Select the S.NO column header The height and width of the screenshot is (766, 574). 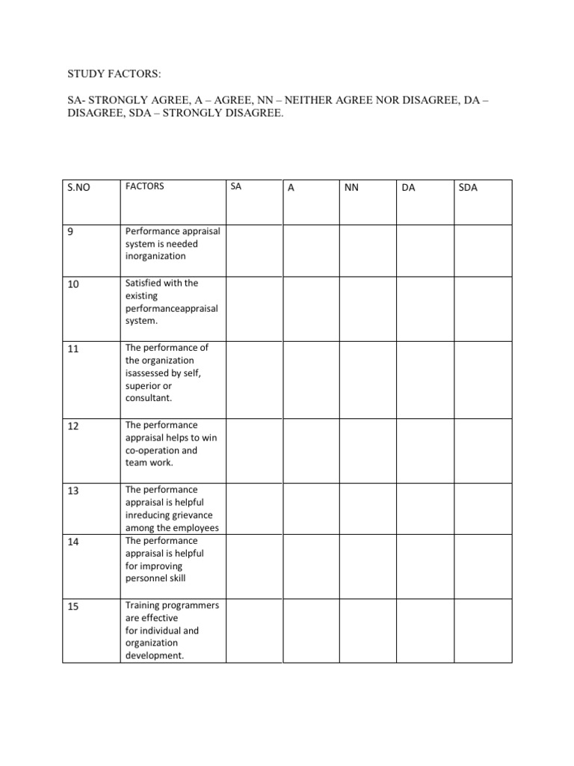[x=78, y=188]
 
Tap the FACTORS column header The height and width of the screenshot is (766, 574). [x=145, y=186]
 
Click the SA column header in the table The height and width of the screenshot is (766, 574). [x=236, y=186]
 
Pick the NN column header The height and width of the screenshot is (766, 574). [x=351, y=188]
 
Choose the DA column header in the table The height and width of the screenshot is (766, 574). [x=408, y=188]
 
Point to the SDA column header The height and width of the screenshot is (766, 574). [x=468, y=188]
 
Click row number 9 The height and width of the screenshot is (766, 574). [x=70, y=233]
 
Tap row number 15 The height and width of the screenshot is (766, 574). [x=73, y=607]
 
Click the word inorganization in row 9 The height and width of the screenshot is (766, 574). [x=155, y=256]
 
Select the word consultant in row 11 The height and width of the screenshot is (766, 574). [x=149, y=398]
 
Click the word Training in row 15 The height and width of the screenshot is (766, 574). [x=143, y=604]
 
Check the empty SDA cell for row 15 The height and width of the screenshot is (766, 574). [x=483, y=630]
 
